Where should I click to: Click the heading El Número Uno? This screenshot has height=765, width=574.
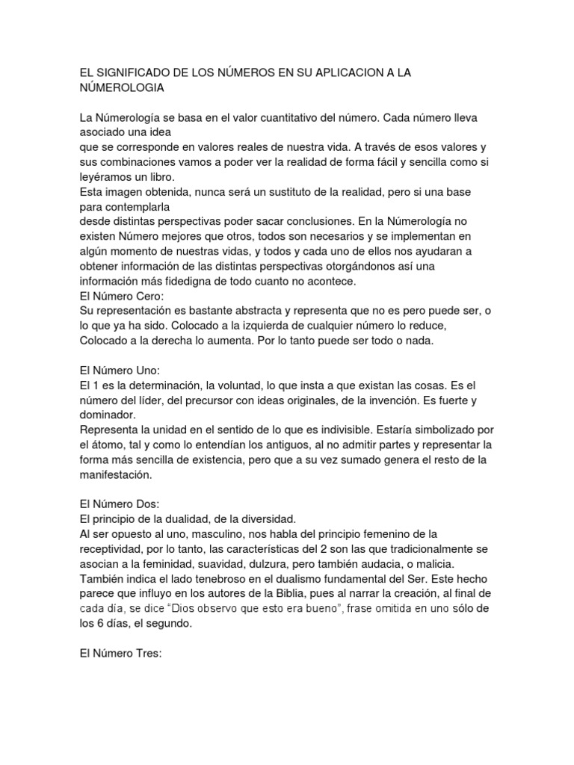pos(120,371)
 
